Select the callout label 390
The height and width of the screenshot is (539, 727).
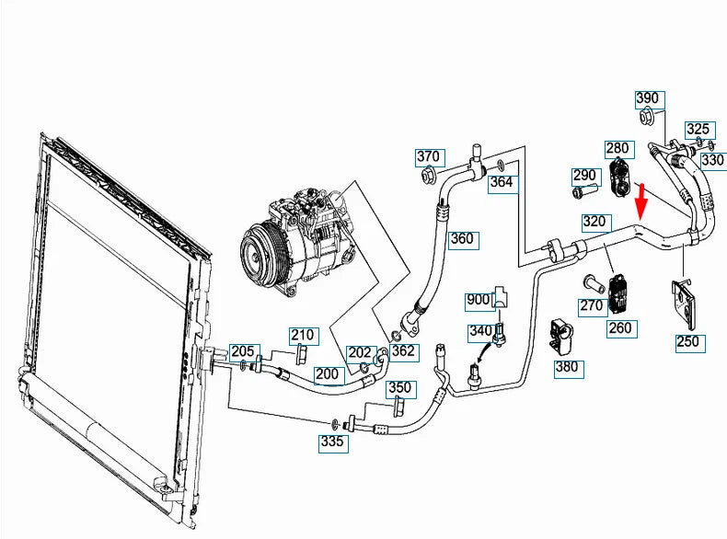648,98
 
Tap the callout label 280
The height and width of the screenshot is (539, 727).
617,148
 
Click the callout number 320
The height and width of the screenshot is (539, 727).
595,222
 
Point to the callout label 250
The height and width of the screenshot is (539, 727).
687,341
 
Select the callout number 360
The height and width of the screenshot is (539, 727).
461,240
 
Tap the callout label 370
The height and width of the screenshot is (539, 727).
428,155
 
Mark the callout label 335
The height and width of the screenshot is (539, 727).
333,443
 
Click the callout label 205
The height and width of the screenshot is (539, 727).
242,350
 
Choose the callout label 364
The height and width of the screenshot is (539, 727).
501,182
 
